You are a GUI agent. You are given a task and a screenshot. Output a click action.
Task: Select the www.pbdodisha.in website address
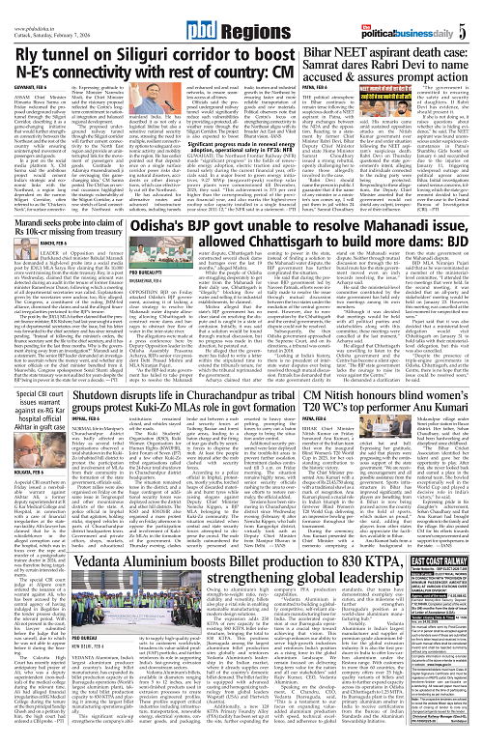(x=28, y=8)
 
